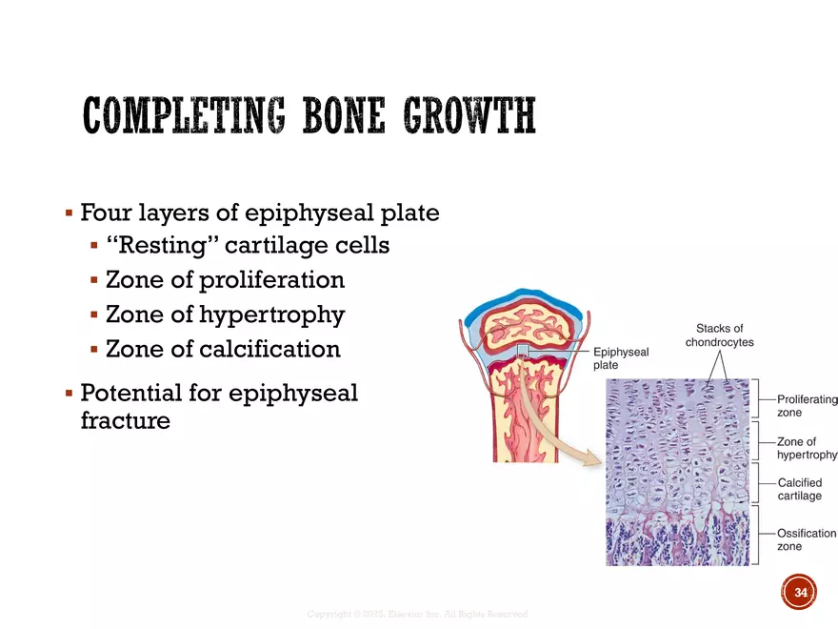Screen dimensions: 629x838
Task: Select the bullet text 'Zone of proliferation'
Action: coord(225,280)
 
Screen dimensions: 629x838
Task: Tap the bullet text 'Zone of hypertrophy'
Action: coord(225,314)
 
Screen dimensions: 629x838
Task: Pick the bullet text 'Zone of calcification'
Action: coord(223,349)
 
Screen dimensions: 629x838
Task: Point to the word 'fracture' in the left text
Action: coord(125,420)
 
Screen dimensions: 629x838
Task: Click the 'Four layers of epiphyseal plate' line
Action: coord(259,212)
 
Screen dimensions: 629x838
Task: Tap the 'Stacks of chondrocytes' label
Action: coord(719,335)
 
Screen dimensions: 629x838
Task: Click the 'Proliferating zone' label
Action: coord(807,406)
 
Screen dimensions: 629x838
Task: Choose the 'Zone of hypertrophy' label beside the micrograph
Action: coord(807,448)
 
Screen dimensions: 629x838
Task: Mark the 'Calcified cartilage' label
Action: coord(799,489)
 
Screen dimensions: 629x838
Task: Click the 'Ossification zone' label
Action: coord(806,539)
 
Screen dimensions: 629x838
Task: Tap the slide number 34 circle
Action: coord(799,593)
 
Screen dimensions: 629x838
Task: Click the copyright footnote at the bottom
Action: coord(416,615)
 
